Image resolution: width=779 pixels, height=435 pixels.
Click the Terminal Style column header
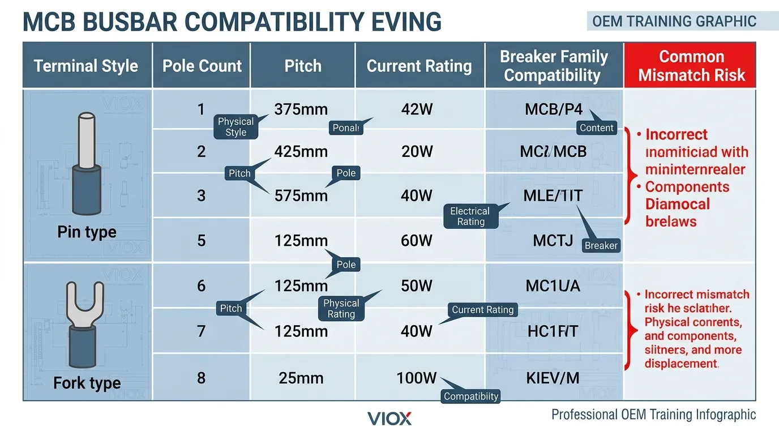86,66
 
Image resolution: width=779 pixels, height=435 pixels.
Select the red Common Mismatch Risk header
691,66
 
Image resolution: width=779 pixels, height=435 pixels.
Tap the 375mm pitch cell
301,109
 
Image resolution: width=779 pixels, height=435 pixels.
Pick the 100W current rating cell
417,377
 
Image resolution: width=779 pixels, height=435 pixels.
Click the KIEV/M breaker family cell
553,377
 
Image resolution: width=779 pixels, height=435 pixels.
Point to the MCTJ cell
553,241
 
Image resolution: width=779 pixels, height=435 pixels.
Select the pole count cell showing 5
201,241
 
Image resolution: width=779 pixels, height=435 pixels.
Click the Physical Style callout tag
236,127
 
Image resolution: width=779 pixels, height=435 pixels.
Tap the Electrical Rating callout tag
470,216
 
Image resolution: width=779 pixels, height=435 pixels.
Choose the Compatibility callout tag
470,396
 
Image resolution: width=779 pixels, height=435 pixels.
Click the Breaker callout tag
601,246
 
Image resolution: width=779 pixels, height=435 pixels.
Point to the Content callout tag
596,128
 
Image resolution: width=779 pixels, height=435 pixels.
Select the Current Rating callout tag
482,310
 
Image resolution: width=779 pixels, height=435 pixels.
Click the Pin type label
87,232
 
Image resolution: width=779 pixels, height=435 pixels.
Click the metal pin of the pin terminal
87,139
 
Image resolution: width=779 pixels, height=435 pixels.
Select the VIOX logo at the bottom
389,419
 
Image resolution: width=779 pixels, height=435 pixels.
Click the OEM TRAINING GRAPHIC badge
674,22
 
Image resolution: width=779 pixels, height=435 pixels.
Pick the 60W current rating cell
417,241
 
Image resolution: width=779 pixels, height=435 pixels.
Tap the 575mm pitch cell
301,196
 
